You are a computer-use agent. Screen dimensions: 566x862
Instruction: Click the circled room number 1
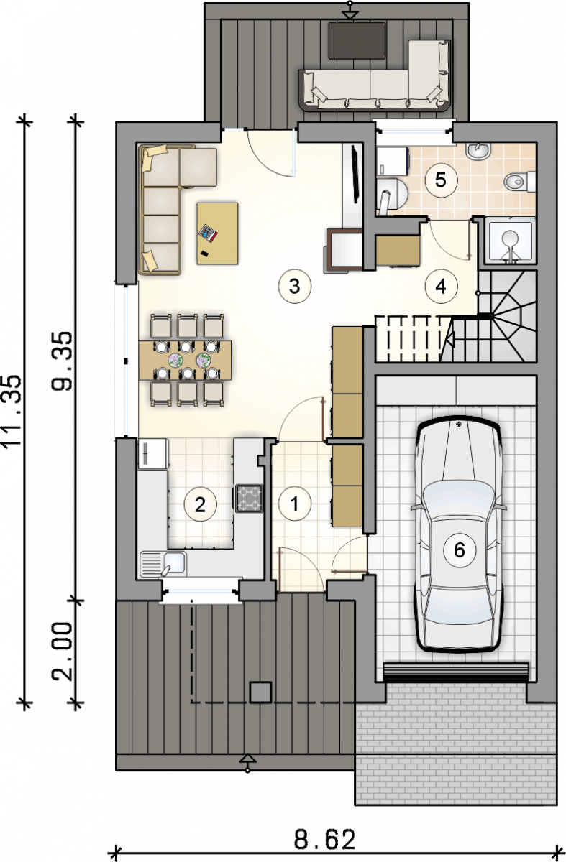[x=295, y=504]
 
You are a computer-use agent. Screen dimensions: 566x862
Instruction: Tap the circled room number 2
[x=200, y=505]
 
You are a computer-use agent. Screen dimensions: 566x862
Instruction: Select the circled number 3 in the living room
[x=294, y=287]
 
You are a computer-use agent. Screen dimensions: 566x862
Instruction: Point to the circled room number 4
[x=441, y=287]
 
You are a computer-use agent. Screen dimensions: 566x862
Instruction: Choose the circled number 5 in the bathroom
[x=441, y=180]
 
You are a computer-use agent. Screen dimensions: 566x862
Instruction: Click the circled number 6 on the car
[x=460, y=550]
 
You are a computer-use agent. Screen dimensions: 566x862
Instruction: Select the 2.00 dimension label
[x=62, y=651]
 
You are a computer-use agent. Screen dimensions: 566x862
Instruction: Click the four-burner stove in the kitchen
[x=249, y=499]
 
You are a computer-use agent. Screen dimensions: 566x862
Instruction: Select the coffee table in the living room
[x=217, y=233]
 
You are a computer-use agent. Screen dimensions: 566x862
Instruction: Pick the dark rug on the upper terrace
[x=357, y=41]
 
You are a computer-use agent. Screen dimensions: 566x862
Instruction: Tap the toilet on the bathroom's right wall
[x=520, y=182]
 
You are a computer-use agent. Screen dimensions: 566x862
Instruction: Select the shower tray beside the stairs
[x=511, y=241]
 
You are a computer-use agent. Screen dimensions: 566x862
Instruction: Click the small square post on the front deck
[x=261, y=692]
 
